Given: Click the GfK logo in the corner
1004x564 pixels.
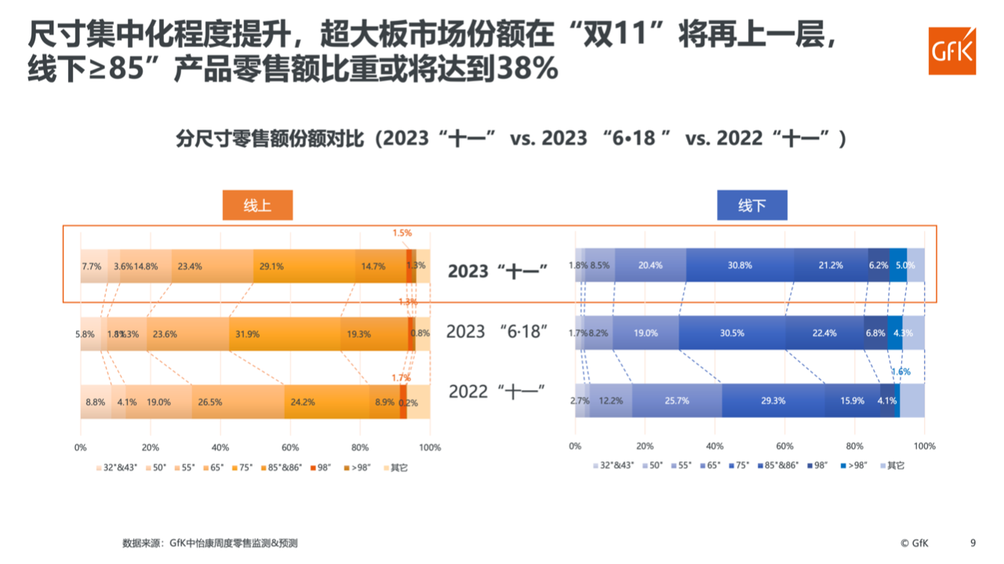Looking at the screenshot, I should point(951,50).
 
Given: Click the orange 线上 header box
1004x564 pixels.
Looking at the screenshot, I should point(257,206).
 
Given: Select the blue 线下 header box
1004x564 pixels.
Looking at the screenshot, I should point(751,206).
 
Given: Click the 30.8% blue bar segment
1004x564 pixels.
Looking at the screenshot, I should point(740,265).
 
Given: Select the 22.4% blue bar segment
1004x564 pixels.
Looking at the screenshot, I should point(824,333).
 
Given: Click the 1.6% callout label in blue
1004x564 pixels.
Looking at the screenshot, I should point(900,372).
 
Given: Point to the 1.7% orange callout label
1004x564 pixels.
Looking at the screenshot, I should point(401,377).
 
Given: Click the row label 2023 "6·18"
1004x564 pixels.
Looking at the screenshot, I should point(497,332).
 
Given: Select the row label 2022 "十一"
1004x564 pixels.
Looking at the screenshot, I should point(497,391).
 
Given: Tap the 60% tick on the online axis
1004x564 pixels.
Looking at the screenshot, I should point(289,447).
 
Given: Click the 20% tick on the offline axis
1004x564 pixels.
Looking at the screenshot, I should point(645,446).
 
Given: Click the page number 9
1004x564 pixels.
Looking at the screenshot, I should point(973,542).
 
